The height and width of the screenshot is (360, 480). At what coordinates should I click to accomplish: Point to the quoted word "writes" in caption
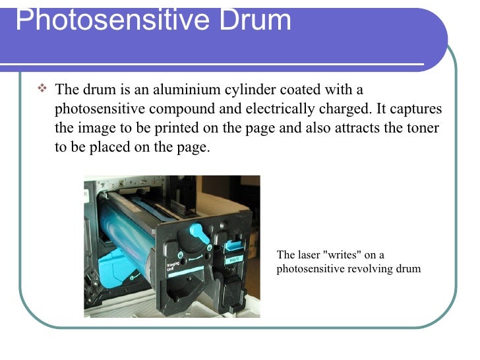[x=345, y=255]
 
